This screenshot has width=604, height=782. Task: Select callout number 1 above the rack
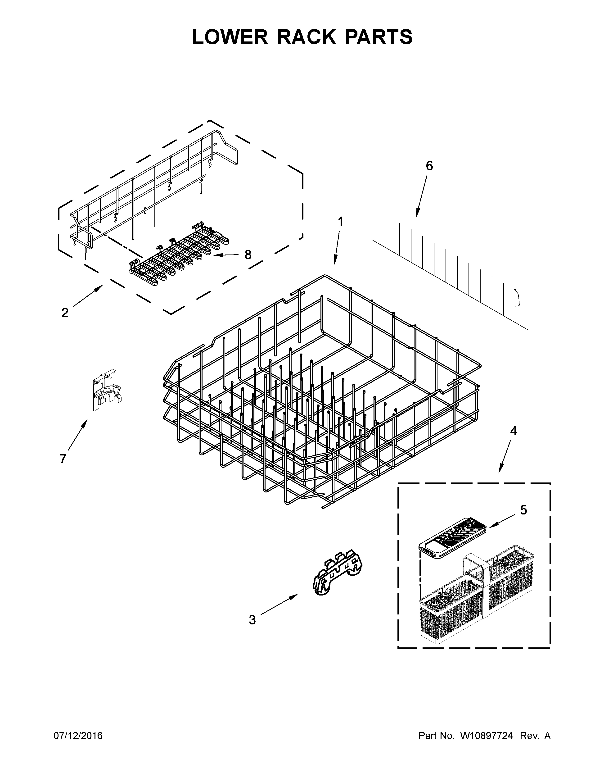point(340,222)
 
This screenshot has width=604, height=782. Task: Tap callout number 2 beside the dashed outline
point(65,313)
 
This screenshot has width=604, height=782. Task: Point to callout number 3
point(252,620)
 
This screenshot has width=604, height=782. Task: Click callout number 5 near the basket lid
point(523,510)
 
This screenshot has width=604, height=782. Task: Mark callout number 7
point(63,459)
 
